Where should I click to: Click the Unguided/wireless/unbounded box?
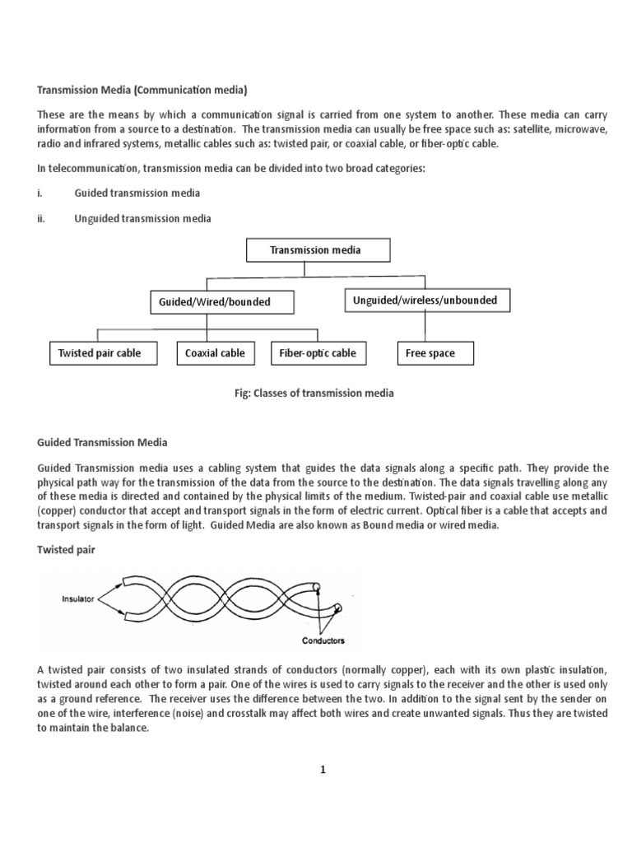[425, 300]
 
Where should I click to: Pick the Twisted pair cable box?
[100, 353]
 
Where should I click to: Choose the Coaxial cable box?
[215, 353]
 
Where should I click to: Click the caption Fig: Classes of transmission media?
[314, 394]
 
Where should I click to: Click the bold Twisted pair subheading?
[66, 551]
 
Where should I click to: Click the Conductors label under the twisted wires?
[323, 640]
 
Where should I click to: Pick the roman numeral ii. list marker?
[42, 219]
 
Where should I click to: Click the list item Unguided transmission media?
[142, 219]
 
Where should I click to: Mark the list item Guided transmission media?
[137, 193]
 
